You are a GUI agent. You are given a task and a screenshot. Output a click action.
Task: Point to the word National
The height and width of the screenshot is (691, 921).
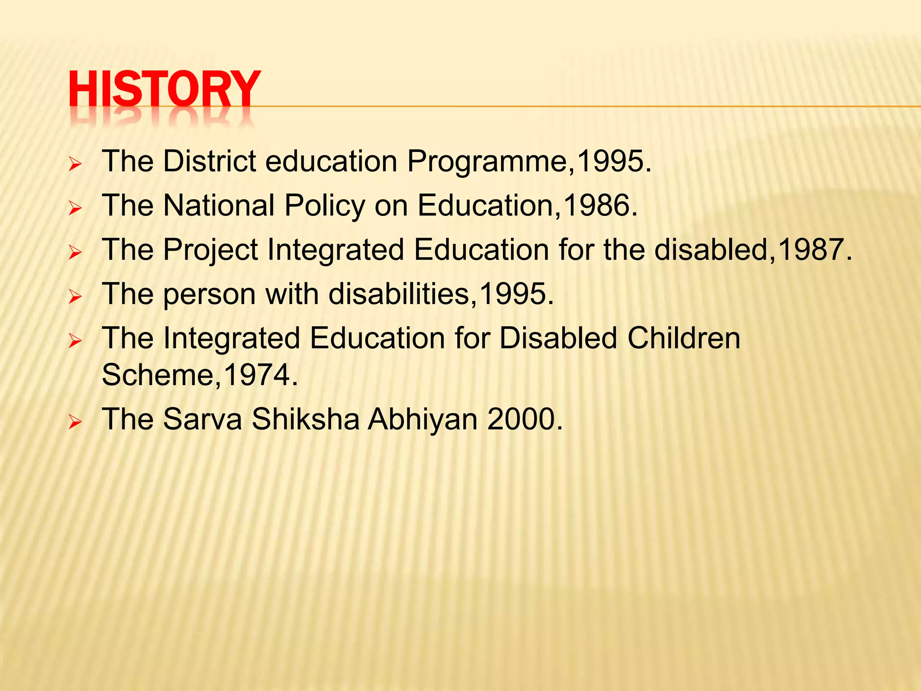[219, 206]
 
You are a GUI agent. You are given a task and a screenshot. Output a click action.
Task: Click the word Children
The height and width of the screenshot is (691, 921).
[684, 338]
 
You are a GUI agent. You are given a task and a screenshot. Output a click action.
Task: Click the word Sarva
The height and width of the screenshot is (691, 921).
[202, 419]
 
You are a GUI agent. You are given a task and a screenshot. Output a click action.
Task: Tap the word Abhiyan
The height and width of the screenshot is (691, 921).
[423, 420]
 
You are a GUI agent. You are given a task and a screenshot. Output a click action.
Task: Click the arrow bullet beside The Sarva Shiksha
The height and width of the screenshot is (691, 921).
[75, 422]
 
